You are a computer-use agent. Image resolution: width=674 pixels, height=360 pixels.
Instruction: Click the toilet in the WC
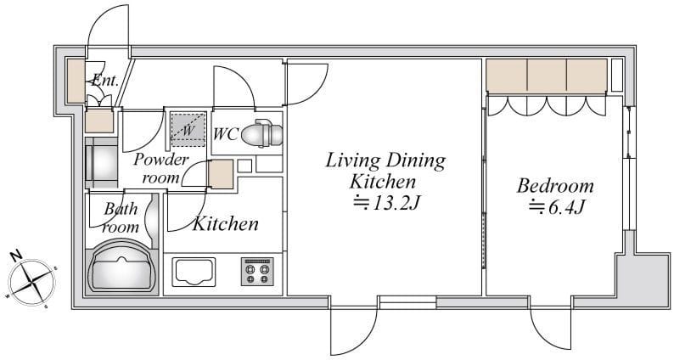coord(261,133)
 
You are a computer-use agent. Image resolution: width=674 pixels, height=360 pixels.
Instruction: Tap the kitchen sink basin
coord(194,272)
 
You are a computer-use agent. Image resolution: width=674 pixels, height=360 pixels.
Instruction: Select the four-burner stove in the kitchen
coord(257,272)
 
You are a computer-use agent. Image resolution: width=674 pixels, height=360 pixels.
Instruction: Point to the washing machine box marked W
coord(188,128)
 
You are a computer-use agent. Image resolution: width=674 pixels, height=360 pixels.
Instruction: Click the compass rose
coord(31,282)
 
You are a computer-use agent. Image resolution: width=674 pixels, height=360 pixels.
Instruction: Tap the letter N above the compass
coord(16,256)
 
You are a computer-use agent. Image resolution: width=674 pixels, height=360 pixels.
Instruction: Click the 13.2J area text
coord(385,203)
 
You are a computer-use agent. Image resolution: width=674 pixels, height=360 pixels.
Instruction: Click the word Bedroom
coord(555,186)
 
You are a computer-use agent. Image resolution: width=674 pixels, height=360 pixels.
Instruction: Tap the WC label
coord(226,134)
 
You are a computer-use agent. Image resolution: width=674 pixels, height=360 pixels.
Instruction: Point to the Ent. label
coord(105,81)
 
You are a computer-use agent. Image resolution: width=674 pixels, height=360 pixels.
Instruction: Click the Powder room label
coord(160,168)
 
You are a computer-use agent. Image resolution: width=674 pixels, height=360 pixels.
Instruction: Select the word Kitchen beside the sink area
coord(226,223)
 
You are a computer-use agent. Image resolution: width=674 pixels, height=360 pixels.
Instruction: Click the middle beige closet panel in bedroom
coord(547,76)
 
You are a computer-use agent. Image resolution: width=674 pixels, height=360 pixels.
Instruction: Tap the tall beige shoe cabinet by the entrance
coord(76,81)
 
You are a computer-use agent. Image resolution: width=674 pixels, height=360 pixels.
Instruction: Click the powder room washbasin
coord(102,162)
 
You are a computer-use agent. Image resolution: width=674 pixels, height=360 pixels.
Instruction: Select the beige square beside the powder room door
coord(221,174)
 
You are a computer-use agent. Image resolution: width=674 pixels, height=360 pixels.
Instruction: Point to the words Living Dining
coord(385,160)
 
